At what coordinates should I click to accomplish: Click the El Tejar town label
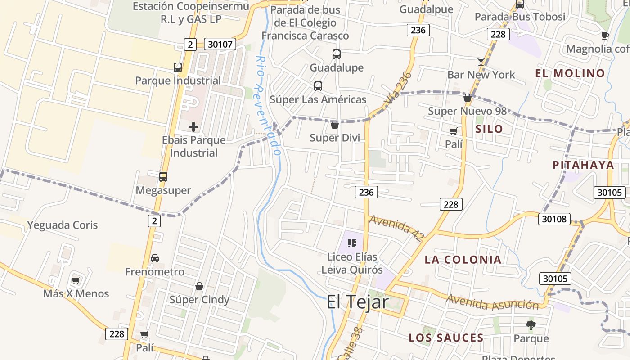point(357,301)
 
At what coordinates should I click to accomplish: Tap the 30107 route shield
point(220,44)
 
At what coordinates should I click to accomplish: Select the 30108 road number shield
point(554,219)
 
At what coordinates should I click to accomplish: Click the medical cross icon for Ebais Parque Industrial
point(193,127)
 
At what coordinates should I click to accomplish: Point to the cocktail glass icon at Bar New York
point(481,62)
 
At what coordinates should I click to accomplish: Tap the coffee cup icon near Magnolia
point(605,36)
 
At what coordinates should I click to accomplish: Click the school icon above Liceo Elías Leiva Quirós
point(352,243)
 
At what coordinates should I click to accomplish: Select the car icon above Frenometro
point(155,258)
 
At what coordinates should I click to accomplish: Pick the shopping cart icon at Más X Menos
point(76,280)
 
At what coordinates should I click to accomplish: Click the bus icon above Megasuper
point(163,177)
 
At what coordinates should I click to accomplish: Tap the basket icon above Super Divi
point(334,125)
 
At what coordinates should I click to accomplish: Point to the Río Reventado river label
point(268,106)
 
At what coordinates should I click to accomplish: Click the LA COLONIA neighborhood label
point(463,260)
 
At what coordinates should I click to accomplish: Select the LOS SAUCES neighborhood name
point(446,338)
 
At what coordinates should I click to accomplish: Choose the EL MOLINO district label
point(570,73)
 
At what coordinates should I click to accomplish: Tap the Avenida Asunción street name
point(492,302)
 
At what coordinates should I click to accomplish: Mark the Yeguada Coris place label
point(63,225)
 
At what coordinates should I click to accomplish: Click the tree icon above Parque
point(531,325)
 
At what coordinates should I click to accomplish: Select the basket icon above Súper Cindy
point(199,286)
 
